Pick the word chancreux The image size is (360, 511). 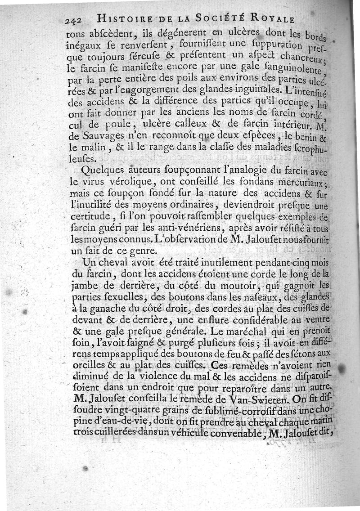(x=304, y=58)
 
